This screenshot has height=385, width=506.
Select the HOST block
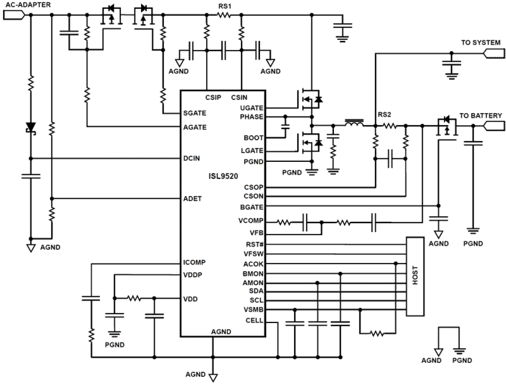[415, 276]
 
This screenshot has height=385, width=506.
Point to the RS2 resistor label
[384, 115]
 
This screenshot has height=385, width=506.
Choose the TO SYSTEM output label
[481, 43]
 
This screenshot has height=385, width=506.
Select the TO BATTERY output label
[481, 116]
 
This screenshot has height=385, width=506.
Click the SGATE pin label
[195, 113]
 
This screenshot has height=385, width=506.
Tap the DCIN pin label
[191, 158]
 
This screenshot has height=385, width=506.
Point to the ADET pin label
[192, 199]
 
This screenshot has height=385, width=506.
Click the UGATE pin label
[251, 108]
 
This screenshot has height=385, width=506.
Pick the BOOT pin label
[253, 138]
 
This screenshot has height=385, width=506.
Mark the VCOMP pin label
[251, 221]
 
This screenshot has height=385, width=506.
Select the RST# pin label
[255, 244]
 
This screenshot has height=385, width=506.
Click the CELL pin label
[254, 321]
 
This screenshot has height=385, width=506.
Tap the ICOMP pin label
[194, 263]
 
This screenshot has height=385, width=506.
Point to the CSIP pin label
[213, 97]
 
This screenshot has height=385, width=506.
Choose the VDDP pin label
[193, 275]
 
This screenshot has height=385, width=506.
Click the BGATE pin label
[251, 207]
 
